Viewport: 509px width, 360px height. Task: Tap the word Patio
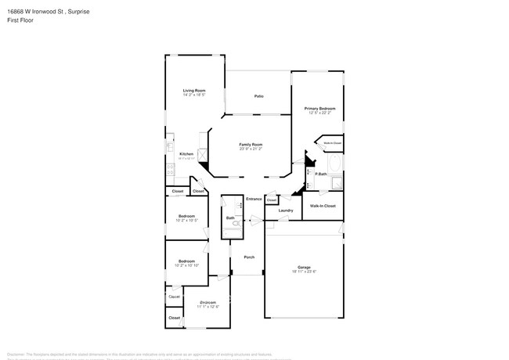point(258,96)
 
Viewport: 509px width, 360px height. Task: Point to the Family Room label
point(251,145)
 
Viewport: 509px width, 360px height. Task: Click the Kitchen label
point(186,153)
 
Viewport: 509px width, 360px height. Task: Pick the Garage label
point(304,268)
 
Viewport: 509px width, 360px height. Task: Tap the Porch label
point(249,257)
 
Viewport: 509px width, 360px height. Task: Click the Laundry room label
point(286,210)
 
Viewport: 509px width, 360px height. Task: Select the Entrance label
point(254,199)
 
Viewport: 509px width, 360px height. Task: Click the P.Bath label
point(320,174)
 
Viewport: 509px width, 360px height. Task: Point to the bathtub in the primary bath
point(337,164)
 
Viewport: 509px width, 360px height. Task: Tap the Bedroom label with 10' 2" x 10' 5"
point(186,216)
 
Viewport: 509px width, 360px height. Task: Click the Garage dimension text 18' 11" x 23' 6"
point(304,272)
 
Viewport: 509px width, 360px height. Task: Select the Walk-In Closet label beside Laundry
point(323,206)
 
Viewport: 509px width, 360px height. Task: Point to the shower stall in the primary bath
point(337,184)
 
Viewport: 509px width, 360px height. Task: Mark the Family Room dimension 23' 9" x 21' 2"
point(251,149)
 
